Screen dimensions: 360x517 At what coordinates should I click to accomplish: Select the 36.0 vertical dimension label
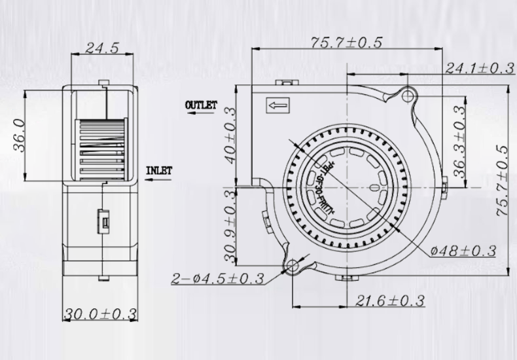pos(21,135)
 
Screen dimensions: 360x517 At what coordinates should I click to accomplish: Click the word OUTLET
pos(200,105)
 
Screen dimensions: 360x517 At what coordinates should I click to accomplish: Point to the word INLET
pos(158,171)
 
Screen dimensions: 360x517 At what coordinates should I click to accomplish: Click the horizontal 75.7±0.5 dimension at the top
pos(346,43)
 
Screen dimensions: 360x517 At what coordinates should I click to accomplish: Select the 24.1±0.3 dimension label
pos(478,68)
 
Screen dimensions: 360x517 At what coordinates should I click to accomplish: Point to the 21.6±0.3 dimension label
pos(391,300)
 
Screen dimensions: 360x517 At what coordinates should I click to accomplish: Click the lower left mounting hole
pos(293,266)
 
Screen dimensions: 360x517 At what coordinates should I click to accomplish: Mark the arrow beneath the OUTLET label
pos(199,113)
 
